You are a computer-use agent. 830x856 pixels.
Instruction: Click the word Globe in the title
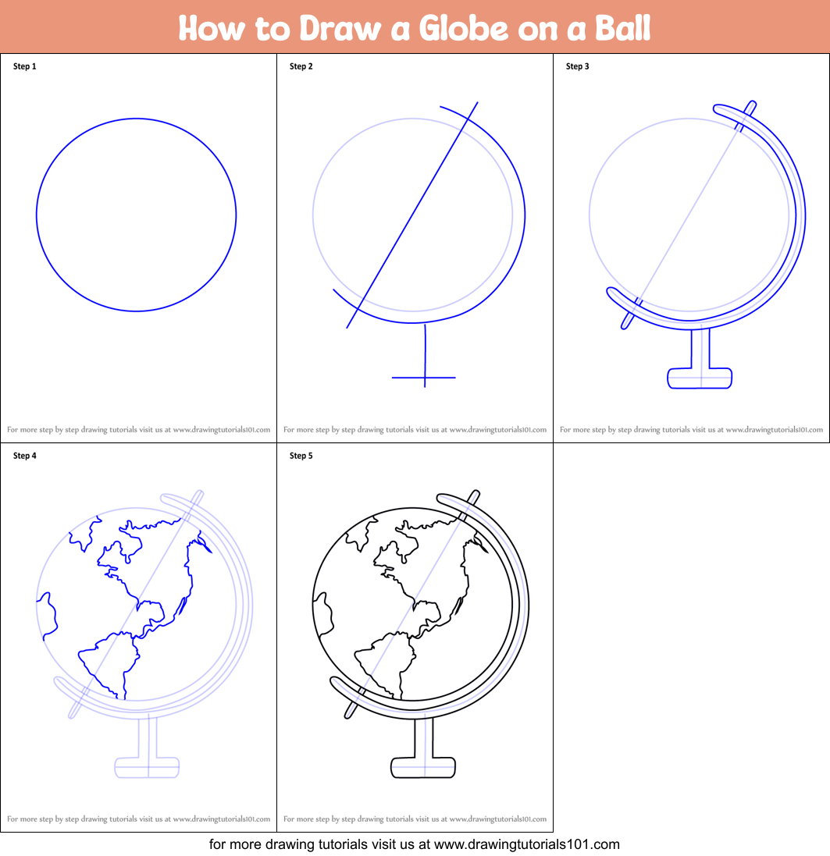(x=464, y=28)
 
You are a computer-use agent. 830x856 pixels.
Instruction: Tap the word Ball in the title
(x=623, y=28)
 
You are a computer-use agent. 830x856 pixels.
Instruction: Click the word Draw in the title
(x=340, y=28)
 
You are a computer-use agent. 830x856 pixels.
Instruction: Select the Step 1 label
(x=24, y=66)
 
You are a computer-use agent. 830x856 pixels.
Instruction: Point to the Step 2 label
(x=301, y=66)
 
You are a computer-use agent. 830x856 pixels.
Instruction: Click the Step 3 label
(x=578, y=66)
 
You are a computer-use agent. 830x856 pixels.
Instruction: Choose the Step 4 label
(x=24, y=456)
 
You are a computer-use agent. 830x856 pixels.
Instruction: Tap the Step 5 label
(x=301, y=456)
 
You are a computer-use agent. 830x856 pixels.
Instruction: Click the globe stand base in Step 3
(x=700, y=378)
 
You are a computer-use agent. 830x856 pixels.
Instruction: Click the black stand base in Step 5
(x=423, y=768)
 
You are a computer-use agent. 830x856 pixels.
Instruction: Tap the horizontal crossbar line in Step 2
(x=423, y=377)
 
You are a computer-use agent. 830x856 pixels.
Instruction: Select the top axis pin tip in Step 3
(x=753, y=103)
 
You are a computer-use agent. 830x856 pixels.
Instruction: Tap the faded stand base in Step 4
(x=147, y=768)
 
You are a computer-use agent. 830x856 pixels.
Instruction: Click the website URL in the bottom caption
(x=527, y=844)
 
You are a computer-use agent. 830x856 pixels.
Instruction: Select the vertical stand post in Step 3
(x=700, y=349)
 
